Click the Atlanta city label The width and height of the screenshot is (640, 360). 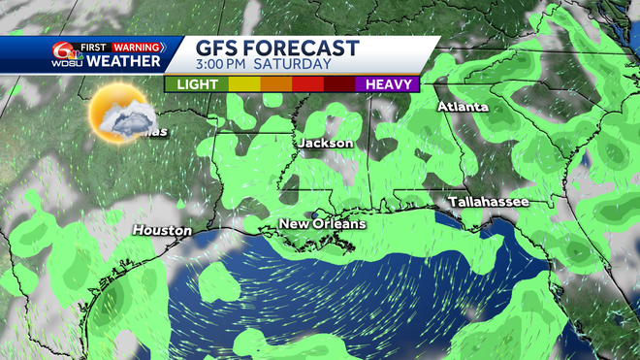(463, 106)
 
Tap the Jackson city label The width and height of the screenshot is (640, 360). (326, 143)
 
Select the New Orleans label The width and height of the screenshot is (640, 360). (323, 224)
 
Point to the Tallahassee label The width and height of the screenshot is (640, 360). (488, 201)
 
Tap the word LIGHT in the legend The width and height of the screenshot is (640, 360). (196, 84)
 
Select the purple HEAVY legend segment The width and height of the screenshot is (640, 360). (386, 84)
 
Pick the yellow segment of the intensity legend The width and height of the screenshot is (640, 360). (243, 84)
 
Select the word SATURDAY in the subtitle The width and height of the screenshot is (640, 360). (299, 66)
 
